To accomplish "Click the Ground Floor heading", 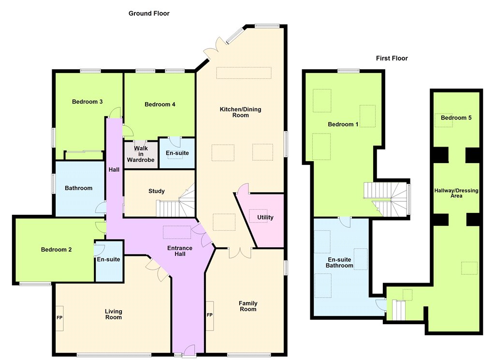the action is pos(149,14).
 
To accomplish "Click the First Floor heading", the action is pos(392,58).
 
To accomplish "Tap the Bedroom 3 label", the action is pos(87,102).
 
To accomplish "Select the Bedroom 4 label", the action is pos(160,105).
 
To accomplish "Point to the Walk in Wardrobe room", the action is pos(141,154).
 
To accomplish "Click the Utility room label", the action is pos(265,217).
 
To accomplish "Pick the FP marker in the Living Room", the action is pos(59,317).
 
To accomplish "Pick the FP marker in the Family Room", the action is pos(210,315).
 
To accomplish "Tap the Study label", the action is pos(157,191).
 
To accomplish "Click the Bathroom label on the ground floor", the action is pos(79,188).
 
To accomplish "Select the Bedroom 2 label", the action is pos(56,250).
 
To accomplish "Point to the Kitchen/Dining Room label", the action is pos(241,112).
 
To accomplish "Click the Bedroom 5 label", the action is pos(456,118).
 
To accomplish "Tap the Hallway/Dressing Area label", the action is pos(456,193).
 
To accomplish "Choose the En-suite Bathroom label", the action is pos(339,262).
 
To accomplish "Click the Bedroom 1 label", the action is pos(343,124).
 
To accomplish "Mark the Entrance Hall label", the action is pos(180,251).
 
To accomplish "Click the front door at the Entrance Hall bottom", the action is pos(189,351).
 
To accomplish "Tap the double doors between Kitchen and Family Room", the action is pos(240,252).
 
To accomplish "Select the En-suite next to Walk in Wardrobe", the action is pos(177,153).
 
